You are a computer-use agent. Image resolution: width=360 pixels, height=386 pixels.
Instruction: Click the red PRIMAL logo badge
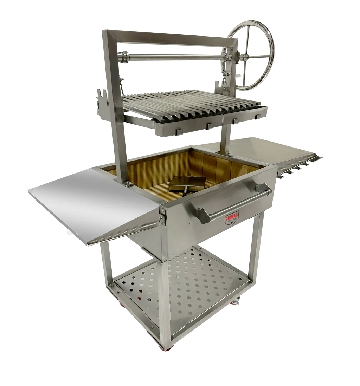[232, 218]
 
